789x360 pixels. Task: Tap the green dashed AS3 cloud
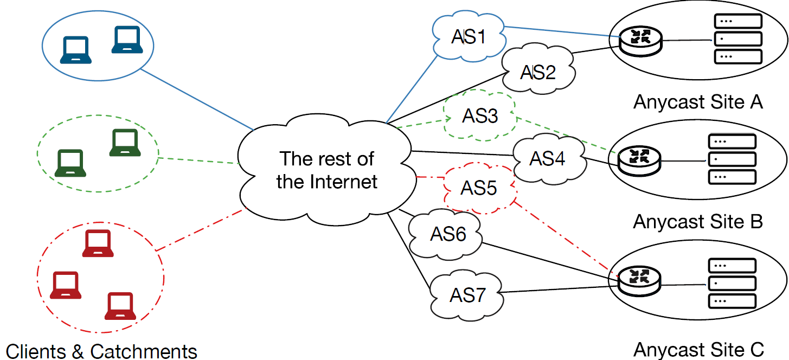480,116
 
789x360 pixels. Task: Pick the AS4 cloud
548,159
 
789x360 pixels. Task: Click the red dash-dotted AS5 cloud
479,188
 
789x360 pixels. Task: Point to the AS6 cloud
448,234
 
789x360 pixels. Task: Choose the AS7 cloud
467,296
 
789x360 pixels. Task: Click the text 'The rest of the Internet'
326,170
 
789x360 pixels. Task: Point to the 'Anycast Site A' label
698,102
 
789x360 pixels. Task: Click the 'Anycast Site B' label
698,222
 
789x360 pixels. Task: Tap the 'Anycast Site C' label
698,349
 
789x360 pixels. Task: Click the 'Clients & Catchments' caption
101,351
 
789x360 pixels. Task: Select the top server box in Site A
738,21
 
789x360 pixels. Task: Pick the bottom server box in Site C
732,300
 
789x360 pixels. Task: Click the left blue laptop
75,50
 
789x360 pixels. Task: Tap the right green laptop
125,143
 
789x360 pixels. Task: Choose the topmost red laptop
98,243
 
